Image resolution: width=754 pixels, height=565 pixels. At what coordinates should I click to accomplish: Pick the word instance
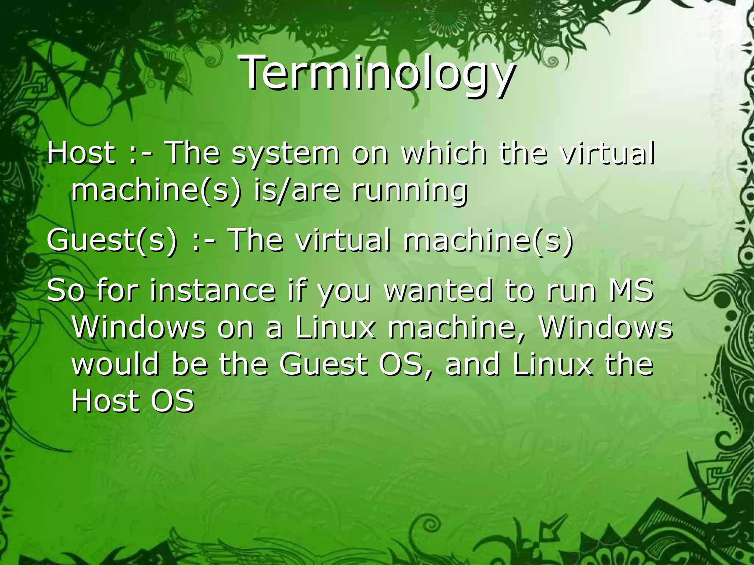[x=212, y=291]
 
